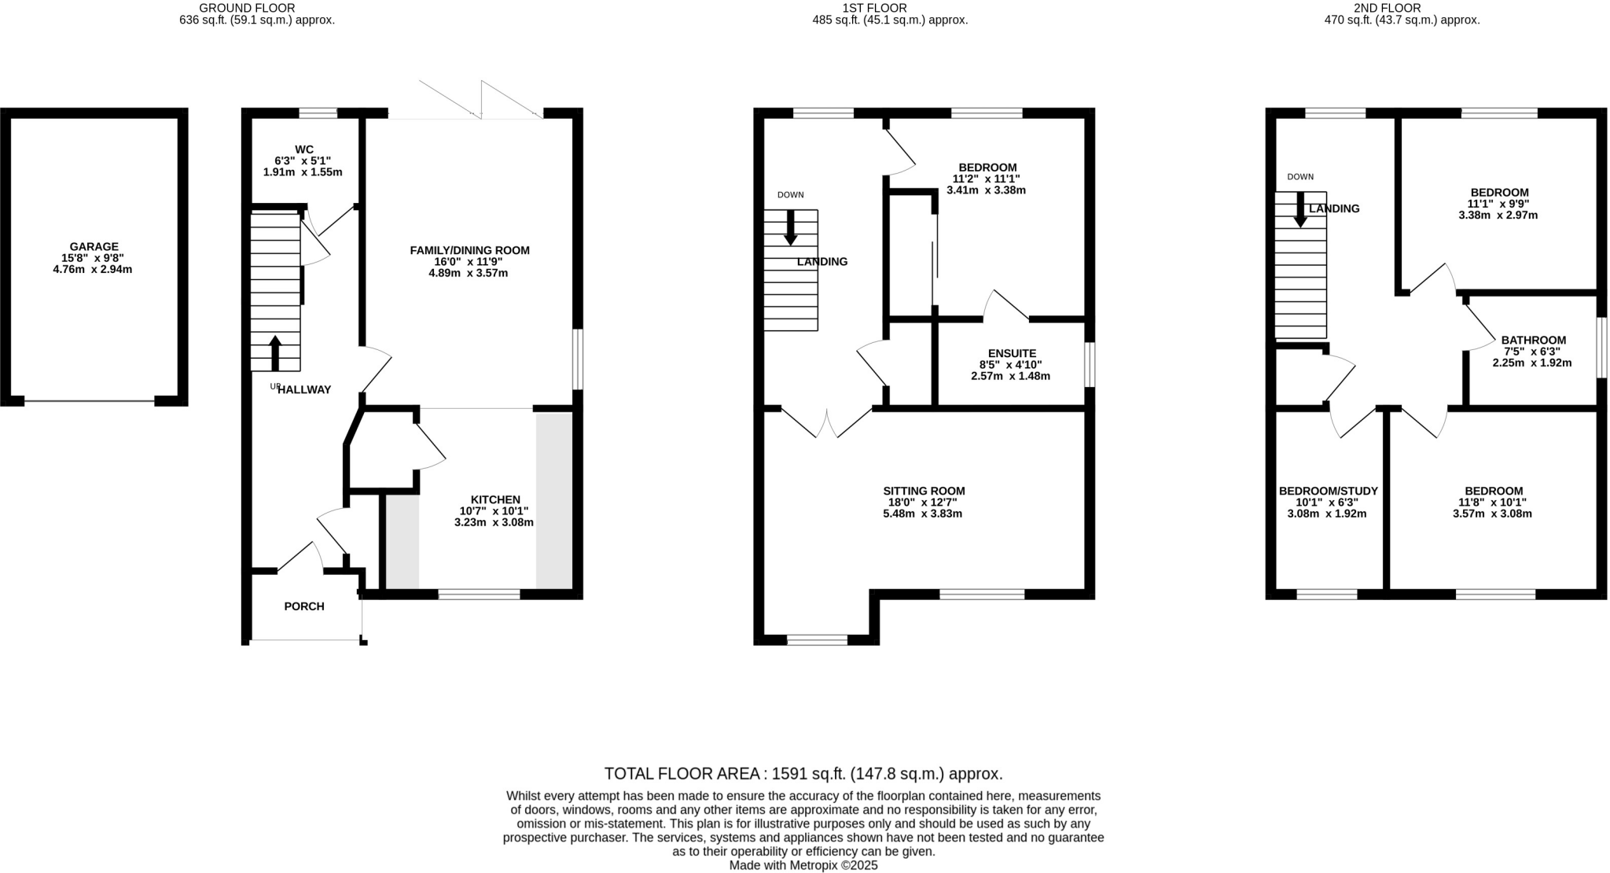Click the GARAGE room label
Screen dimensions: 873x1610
click(x=94, y=246)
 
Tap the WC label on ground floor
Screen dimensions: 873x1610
click(x=304, y=149)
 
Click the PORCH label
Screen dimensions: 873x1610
click(x=304, y=606)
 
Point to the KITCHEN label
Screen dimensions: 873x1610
click(x=495, y=499)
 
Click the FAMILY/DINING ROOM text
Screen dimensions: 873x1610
click(x=469, y=250)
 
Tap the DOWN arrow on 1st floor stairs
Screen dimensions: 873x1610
click(x=790, y=227)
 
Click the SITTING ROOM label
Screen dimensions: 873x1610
click(x=924, y=491)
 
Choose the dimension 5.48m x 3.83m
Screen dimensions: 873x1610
click(x=923, y=514)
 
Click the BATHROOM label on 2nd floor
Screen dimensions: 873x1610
click(x=1533, y=340)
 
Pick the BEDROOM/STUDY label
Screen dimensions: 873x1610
click(x=1328, y=491)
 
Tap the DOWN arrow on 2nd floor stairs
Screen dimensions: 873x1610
click(x=1300, y=210)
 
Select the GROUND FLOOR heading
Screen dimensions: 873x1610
click(x=236, y=8)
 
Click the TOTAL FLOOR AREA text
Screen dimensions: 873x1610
click(x=803, y=773)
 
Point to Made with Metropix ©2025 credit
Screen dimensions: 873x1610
click(x=803, y=865)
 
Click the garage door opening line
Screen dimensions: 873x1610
click(x=90, y=401)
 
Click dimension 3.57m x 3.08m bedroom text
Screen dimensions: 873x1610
click(x=1491, y=514)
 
